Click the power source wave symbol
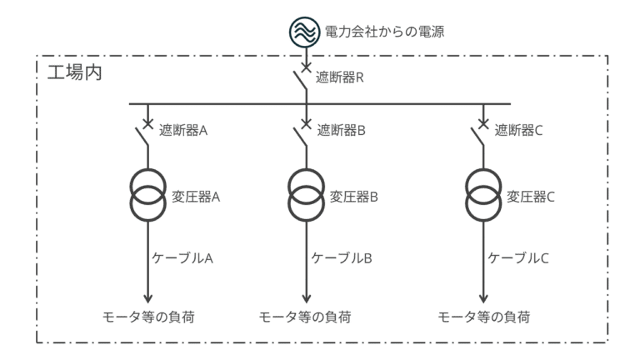pyautogui.click(x=306, y=32)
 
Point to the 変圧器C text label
pyautogui.click(x=532, y=197)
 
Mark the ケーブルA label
pyautogui.click(x=184, y=257)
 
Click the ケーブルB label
pyautogui.click(x=342, y=257)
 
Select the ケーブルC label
pyautogui.click(x=518, y=257)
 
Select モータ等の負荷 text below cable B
pyautogui.click(x=305, y=317)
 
